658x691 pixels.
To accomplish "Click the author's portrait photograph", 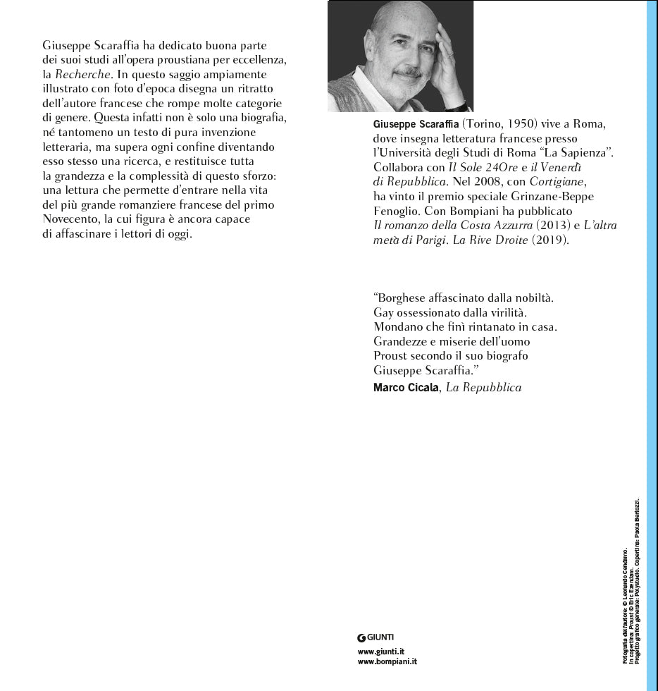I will (x=400, y=56).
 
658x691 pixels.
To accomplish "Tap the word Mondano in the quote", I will (x=395, y=328).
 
